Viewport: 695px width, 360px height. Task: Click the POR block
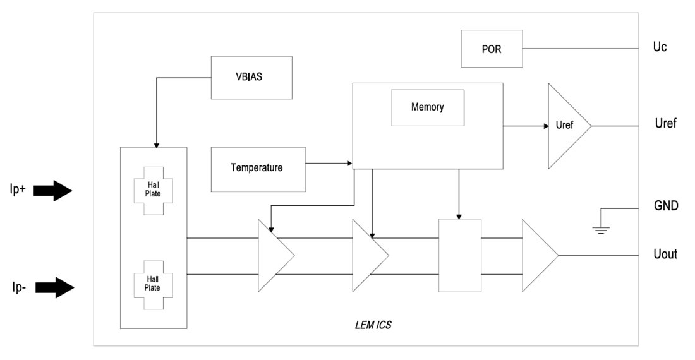coord(491,49)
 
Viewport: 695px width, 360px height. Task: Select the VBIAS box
coord(251,77)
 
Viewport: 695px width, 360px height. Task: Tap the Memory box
coord(428,107)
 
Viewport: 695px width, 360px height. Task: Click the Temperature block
coord(258,169)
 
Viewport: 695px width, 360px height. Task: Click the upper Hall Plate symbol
coord(153,190)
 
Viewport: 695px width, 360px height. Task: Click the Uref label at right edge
coord(665,124)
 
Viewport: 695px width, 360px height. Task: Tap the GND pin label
coord(666,206)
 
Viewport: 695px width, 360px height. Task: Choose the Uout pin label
coord(665,255)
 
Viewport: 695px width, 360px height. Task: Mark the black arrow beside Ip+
coord(54,189)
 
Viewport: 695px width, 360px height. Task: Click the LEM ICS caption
coord(374,327)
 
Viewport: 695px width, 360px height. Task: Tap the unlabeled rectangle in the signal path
coord(459,255)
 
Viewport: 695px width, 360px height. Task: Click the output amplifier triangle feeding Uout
coord(537,256)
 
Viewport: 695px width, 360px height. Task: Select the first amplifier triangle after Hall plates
coord(273,256)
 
